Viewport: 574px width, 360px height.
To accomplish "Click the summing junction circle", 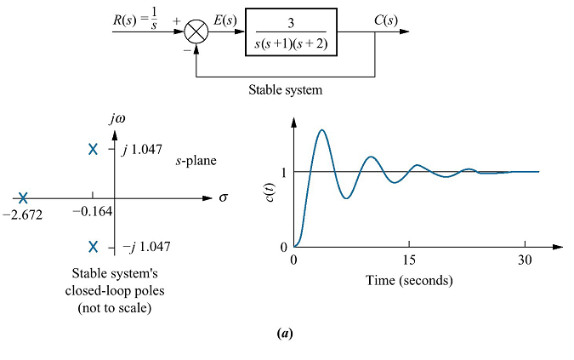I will pyautogui.click(x=196, y=33).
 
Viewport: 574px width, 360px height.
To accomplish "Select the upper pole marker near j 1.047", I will pyautogui.click(x=94, y=150).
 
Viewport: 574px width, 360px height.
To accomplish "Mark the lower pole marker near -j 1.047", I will pyautogui.click(x=94, y=247).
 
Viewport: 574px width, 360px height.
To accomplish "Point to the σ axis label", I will pyautogui.click(x=224, y=197).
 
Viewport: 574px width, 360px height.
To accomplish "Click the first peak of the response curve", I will pyautogui.click(x=321, y=130).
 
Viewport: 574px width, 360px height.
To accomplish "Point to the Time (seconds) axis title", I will pyautogui.click(x=409, y=280).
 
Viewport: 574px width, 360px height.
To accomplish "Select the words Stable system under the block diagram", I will pyautogui.click(x=286, y=88).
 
